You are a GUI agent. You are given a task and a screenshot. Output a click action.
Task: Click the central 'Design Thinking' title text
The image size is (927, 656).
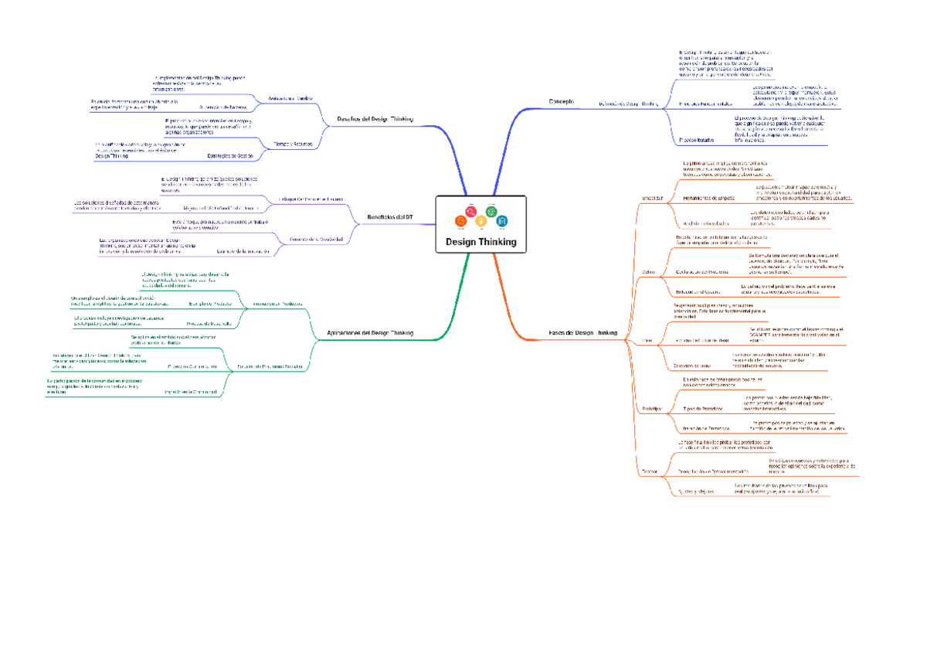pyautogui.click(x=480, y=242)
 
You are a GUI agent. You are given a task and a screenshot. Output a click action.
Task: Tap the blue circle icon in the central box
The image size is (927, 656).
pyautogui.click(x=501, y=221)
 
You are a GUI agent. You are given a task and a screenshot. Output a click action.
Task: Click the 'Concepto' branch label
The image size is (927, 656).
pyautogui.click(x=562, y=102)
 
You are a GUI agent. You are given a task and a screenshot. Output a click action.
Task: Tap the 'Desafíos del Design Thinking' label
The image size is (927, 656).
pyautogui.click(x=376, y=119)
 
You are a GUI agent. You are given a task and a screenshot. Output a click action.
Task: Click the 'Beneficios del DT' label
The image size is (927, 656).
pyautogui.click(x=390, y=217)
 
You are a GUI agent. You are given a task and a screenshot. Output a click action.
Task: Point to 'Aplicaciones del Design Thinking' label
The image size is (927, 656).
pyautogui.click(x=371, y=332)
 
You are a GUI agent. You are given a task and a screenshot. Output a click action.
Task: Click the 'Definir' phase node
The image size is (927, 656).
pyautogui.click(x=648, y=270)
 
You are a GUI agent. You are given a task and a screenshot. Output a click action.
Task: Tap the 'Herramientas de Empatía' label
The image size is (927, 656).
pyautogui.click(x=709, y=199)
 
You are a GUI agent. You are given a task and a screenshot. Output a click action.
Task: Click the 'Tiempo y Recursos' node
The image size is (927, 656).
pyautogui.click(x=294, y=144)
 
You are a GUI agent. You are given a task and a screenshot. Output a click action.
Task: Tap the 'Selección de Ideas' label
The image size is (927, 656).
pyautogui.click(x=693, y=364)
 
